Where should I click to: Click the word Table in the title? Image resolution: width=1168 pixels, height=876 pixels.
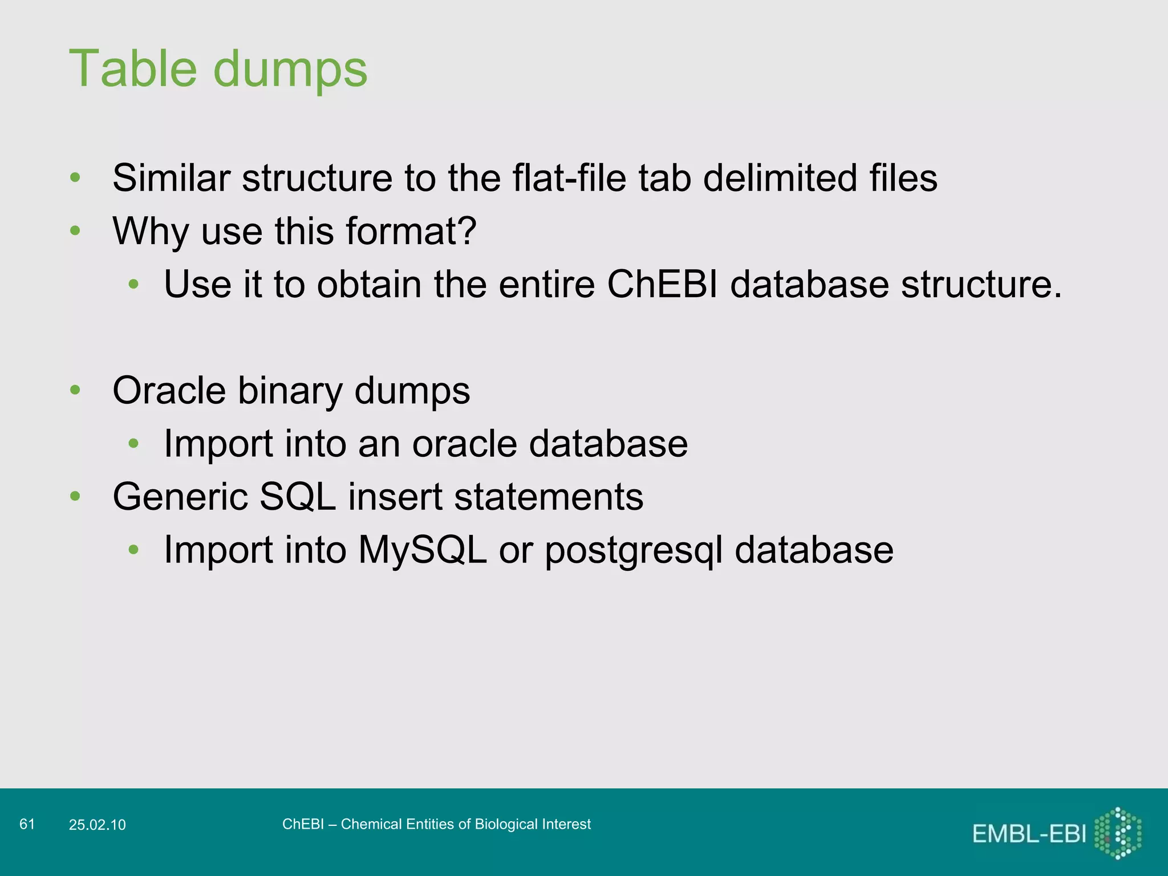tap(133, 69)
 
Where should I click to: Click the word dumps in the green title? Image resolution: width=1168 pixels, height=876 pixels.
tap(290, 70)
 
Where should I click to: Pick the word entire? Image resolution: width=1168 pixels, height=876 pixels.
tap(547, 284)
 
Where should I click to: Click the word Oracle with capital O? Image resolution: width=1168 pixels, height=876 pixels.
tap(169, 391)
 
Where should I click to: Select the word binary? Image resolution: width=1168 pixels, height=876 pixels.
tap(290, 392)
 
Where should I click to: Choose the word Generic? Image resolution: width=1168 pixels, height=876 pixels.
tap(180, 497)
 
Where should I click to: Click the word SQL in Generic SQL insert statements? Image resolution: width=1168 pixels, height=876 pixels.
tap(297, 497)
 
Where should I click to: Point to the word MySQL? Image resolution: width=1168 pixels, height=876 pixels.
tap(422, 550)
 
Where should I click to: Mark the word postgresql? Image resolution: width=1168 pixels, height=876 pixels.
tap(634, 551)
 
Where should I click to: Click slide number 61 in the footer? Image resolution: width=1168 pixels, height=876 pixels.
tap(27, 824)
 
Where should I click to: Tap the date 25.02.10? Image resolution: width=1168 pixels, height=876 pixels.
tap(97, 825)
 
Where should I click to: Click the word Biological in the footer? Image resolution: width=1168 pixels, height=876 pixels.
tap(506, 824)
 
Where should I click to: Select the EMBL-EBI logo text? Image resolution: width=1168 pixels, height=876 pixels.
tap(1029, 834)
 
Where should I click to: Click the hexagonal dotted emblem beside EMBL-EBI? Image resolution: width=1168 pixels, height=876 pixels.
tap(1118, 833)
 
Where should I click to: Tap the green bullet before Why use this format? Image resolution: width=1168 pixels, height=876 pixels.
tap(75, 231)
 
